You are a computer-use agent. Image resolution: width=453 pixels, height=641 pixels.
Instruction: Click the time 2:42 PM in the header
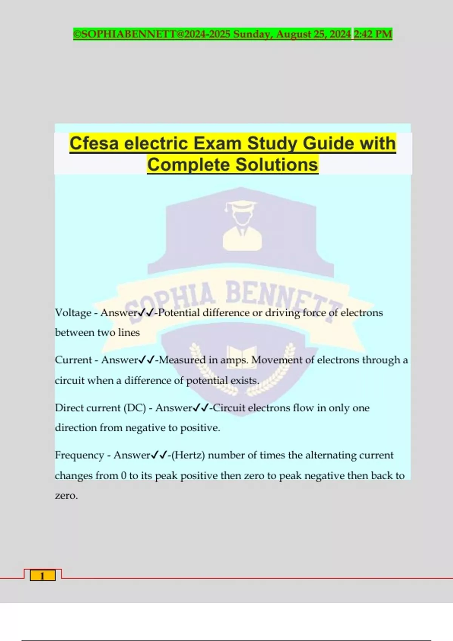coord(373,34)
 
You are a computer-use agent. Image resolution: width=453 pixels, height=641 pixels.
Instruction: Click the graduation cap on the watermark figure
coord(241,206)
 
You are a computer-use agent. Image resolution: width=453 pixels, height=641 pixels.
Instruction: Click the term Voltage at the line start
coord(73,313)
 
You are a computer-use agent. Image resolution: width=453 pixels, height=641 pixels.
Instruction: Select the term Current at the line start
coord(74,360)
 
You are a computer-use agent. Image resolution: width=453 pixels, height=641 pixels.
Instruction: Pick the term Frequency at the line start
coord(79,455)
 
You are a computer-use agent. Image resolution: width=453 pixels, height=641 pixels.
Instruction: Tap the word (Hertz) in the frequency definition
coord(188,455)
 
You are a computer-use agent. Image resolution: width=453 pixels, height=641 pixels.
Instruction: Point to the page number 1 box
coord(42,576)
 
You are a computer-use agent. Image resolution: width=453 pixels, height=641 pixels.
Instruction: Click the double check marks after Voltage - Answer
coord(146,313)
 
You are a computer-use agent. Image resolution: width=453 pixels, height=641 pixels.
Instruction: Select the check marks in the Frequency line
coord(159,455)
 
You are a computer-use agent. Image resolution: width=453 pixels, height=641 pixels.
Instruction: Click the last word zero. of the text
coord(66,495)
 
